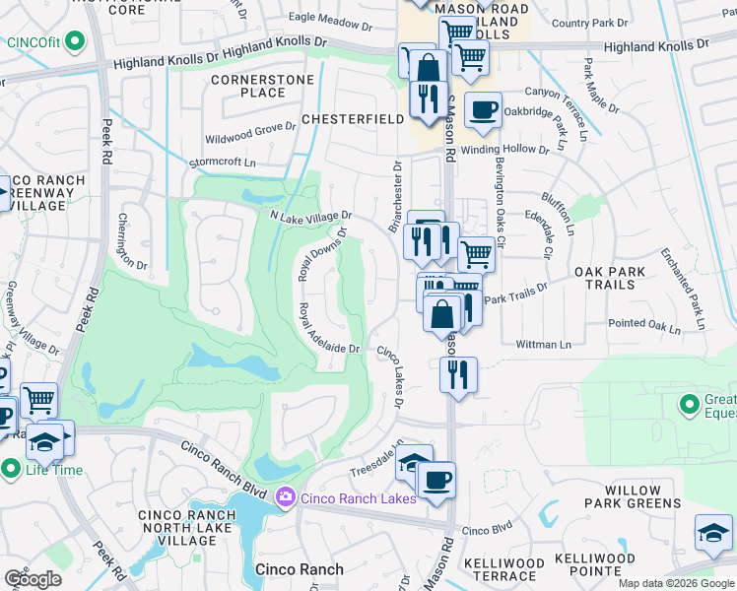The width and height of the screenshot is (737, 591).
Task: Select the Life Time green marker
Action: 12,469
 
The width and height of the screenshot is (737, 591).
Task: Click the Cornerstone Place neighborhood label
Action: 247,86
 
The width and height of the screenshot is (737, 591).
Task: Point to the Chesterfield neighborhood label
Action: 353,119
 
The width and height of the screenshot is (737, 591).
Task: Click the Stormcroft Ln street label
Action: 222,162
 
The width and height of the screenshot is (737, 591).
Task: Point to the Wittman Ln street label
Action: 543,344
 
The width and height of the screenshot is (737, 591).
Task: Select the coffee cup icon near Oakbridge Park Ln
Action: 482,110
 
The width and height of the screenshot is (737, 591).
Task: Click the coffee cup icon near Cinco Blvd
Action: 436,480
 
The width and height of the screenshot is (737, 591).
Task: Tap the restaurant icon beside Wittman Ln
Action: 458,374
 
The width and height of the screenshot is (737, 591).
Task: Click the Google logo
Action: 33,579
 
